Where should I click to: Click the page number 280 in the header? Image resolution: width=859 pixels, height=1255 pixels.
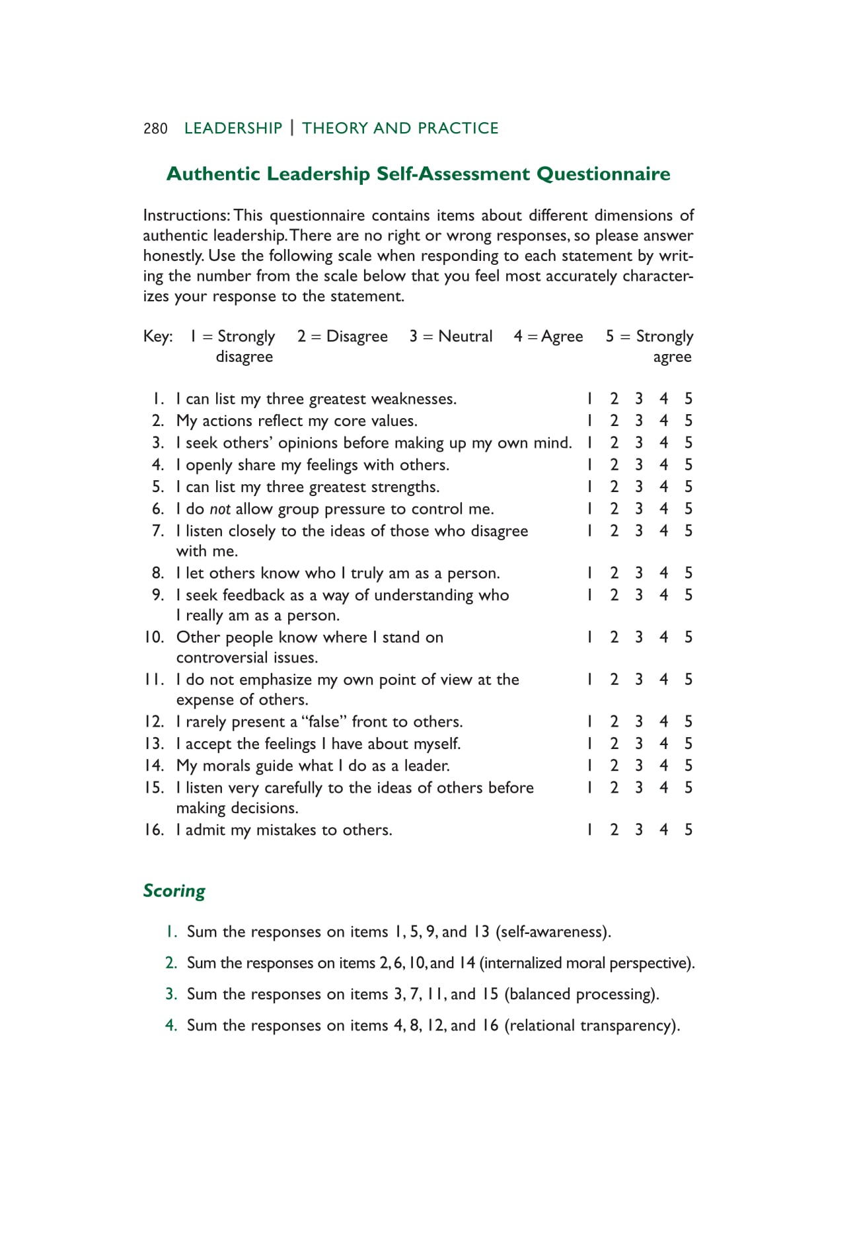pyautogui.click(x=155, y=128)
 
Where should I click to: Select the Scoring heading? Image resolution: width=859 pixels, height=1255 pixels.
pyautogui.click(x=174, y=890)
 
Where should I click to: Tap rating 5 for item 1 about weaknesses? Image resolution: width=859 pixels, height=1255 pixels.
pyautogui.click(x=689, y=398)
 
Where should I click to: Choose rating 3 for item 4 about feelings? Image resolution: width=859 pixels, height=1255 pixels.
pyautogui.click(x=639, y=464)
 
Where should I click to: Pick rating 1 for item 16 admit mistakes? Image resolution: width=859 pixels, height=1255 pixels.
pyautogui.click(x=589, y=830)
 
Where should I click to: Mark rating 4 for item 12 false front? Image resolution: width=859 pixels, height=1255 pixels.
pyautogui.click(x=663, y=721)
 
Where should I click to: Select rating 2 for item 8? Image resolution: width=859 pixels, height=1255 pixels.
pyautogui.click(x=615, y=573)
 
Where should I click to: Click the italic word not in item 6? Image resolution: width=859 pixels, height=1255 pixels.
pyautogui.click(x=220, y=509)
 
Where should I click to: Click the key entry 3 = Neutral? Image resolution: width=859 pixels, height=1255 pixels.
pyautogui.click(x=451, y=336)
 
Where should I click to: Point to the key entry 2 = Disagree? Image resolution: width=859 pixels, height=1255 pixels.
pyautogui.click(x=342, y=336)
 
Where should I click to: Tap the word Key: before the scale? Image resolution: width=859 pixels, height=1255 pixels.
pyautogui.click(x=158, y=336)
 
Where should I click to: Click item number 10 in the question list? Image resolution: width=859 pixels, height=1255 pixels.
pyautogui.click(x=154, y=637)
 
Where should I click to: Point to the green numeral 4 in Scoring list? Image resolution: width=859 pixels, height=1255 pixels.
pyautogui.click(x=170, y=1025)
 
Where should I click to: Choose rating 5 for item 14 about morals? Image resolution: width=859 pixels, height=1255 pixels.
pyautogui.click(x=689, y=766)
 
